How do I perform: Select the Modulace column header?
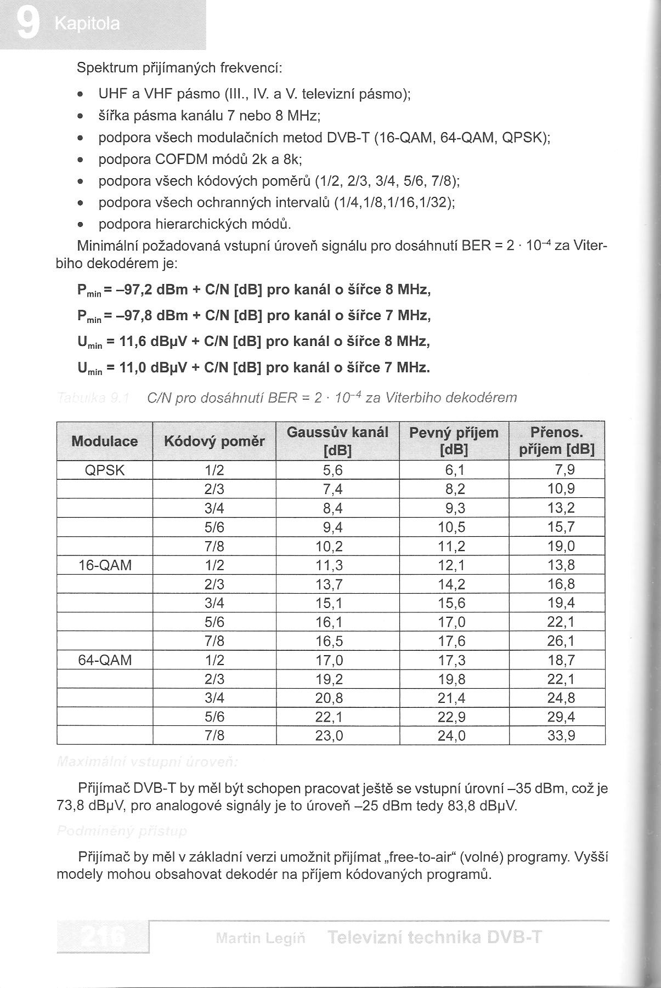pos(104,441)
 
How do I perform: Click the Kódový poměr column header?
pos(214,441)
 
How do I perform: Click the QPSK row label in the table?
pos(105,470)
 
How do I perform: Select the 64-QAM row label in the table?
pos(105,660)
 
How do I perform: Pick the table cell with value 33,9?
pos(561,735)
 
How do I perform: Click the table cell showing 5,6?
pos(332,470)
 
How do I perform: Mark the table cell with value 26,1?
pos(561,641)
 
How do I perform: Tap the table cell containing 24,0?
pos(451,735)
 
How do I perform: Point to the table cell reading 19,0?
pos(561,546)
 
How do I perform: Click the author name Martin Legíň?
pos(261,938)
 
